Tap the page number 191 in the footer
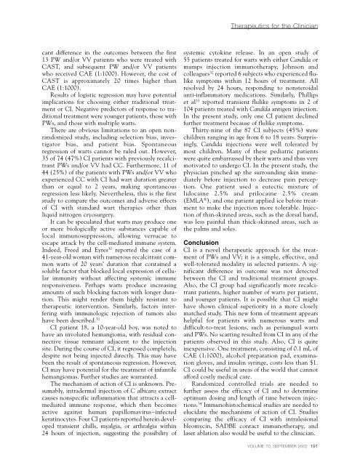(346, 457)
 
